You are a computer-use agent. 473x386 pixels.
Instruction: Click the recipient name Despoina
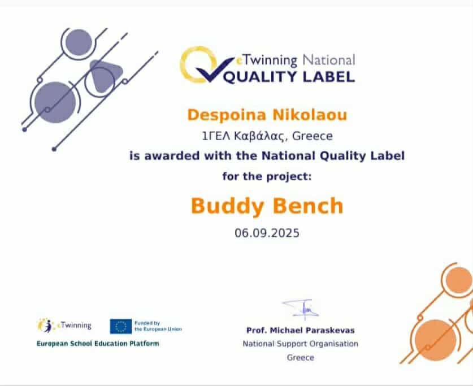[x=227, y=115]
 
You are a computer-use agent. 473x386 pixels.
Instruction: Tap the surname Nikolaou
[x=310, y=115]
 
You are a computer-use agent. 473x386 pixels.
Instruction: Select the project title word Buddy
[x=227, y=207]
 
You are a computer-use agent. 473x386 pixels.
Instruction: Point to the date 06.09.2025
[x=267, y=233]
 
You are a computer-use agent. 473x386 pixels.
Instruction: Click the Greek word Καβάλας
[x=259, y=136]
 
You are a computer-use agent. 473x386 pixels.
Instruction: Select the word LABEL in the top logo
[x=328, y=77]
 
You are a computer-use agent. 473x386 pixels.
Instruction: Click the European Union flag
[x=121, y=326]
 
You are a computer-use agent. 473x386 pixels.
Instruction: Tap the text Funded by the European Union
[x=158, y=326]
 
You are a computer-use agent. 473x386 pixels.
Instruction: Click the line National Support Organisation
[x=301, y=344]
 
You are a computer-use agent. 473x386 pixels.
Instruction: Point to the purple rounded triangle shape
[x=106, y=76]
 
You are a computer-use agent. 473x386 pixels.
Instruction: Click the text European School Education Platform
[x=98, y=344]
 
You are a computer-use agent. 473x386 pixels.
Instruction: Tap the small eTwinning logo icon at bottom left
[x=45, y=326]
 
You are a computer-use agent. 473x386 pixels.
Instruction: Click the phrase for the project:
[x=267, y=176]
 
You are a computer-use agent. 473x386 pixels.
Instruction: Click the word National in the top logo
[x=328, y=60]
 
